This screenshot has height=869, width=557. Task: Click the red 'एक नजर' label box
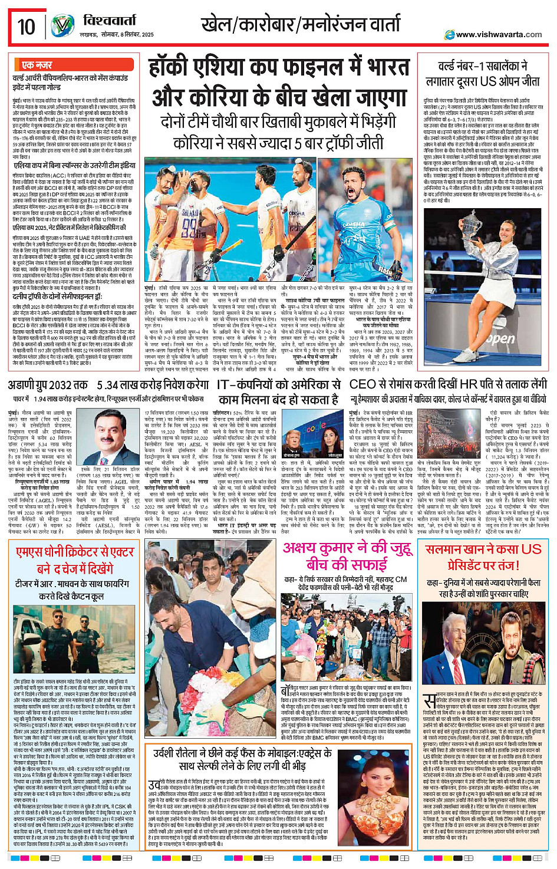click(37, 65)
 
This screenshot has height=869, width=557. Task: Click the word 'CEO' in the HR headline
click(363, 385)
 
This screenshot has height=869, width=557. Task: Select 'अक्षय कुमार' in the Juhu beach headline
click(318, 547)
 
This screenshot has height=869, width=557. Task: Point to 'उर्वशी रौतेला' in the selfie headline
click(187, 753)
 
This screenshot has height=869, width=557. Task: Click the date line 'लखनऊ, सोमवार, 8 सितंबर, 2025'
click(116, 34)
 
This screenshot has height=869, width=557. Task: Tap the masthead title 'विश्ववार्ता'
click(109, 21)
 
